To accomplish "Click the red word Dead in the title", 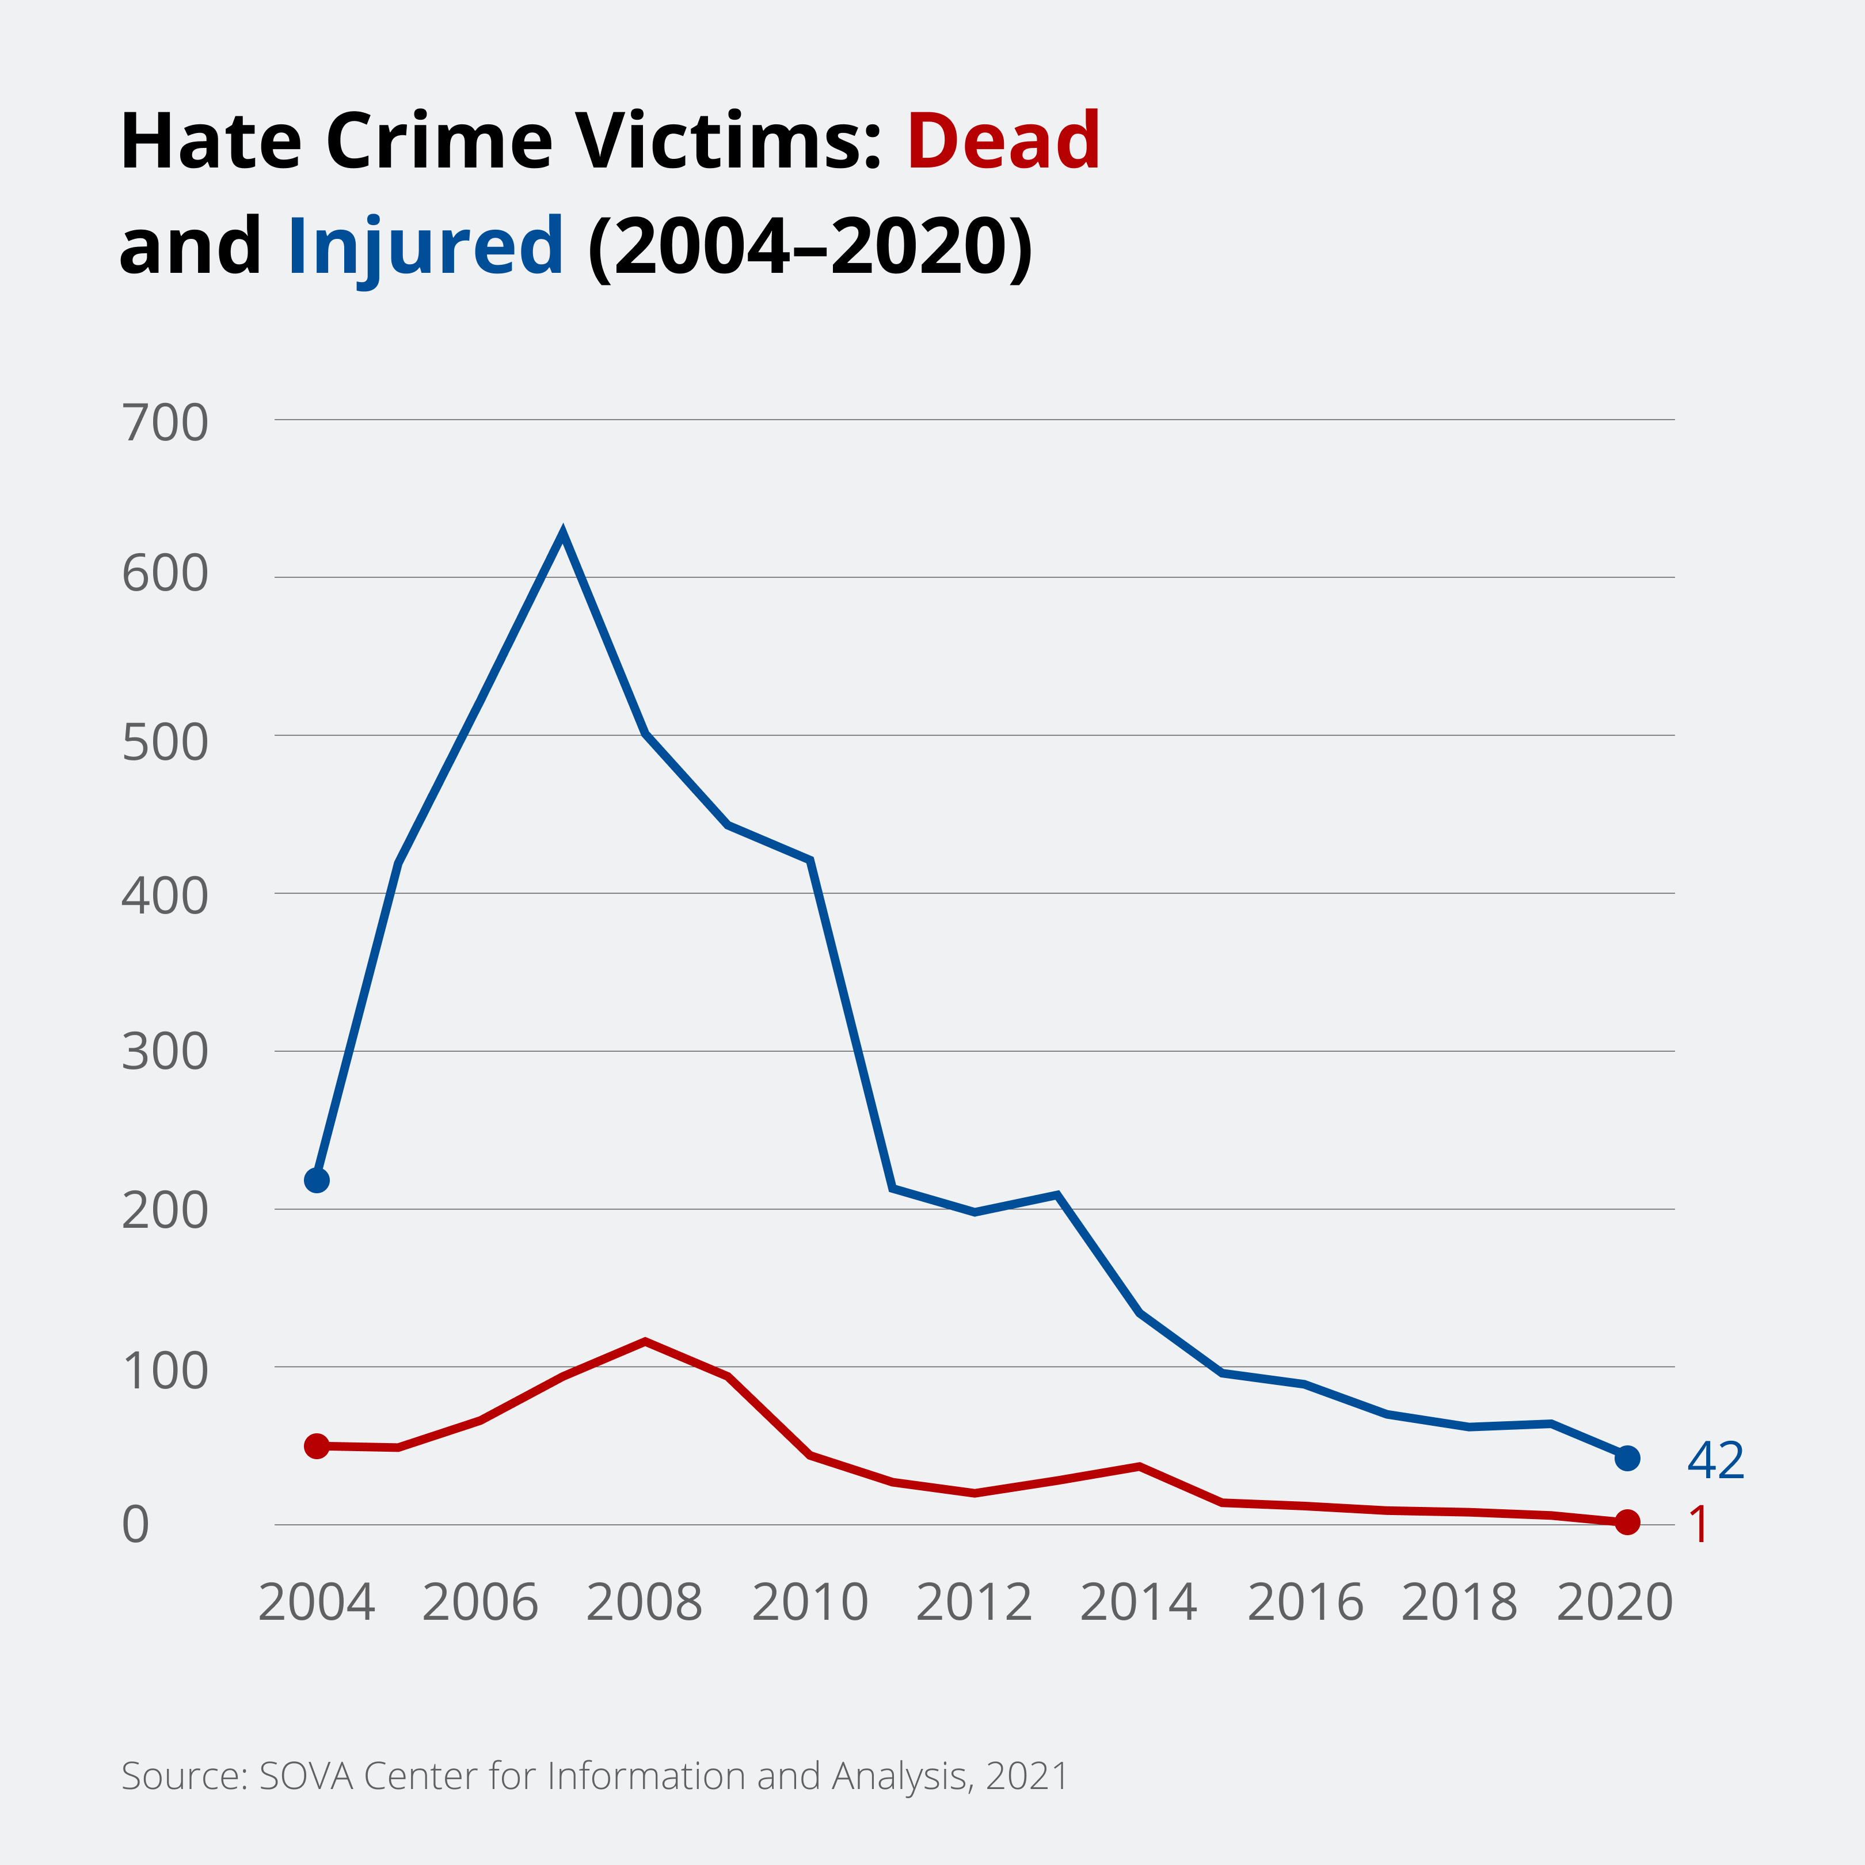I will point(1003,142).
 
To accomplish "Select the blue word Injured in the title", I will point(425,246).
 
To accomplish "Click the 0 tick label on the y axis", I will point(136,1525).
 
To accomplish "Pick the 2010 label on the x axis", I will point(810,1603).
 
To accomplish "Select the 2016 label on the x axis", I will point(1305,1603).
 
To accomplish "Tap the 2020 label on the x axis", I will point(1614,1603).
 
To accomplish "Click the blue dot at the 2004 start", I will point(317,1181).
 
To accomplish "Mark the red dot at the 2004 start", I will point(317,1446).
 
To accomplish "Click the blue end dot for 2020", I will point(1627,1457).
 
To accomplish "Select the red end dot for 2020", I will point(1627,1523).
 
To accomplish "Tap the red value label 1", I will point(1699,1525).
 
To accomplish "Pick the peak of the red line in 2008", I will point(645,1341).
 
